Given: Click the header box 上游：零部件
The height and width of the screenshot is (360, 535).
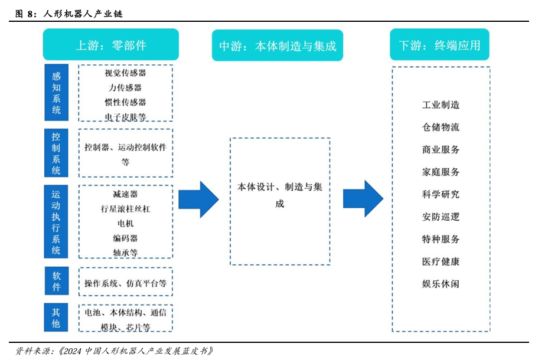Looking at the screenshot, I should click(110, 45).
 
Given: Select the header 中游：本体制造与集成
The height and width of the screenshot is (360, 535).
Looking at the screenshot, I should click(278, 45).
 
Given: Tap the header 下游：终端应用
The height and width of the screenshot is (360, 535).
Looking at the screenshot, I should click(439, 45).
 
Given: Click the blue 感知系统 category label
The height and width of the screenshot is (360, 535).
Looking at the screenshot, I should click(56, 93).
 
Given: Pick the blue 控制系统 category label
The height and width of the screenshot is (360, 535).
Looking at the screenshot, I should click(56, 153).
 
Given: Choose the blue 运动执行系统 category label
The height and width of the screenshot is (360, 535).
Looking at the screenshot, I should click(56, 222).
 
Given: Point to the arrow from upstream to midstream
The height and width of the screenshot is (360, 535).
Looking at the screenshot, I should click(199, 199).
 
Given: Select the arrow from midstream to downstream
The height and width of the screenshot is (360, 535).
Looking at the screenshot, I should click(364, 199).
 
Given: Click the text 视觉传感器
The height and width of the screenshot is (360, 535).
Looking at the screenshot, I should click(125, 73).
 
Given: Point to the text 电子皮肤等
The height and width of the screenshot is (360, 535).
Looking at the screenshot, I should click(125, 117).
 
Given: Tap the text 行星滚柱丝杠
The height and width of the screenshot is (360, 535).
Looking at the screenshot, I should click(125, 208).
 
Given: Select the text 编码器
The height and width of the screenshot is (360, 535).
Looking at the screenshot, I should click(125, 238).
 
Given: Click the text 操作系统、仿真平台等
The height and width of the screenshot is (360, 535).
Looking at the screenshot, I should click(125, 283).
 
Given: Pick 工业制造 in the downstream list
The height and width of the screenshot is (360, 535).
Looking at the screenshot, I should click(441, 105).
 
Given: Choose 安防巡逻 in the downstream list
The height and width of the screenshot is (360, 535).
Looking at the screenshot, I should click(441, 217).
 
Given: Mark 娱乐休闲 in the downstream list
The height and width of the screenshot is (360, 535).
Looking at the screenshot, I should click(441, 284).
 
